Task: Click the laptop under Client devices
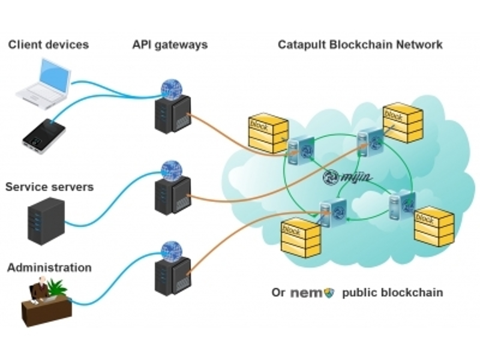pyautogui.click(x=44, y=84)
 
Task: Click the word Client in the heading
pyautogui.click(x=24, y=44)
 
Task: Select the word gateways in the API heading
pyautogui.click(x=181, y=46)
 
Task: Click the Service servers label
pyautogui.click(x=50, y=187)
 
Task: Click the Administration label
pyautogui.click(x=50, y=268)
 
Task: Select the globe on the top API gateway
pyautogui.click(x=171, y=90)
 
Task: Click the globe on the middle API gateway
pyautogui.click(x=171, y=171)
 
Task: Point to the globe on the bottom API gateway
pyautogui.click(x=171, y=251)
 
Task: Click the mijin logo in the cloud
pyautogui.click(x=347, y=177)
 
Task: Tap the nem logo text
pyautogui.click(x=306, y=293)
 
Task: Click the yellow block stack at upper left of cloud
pyautogui.click(x=268, y=133)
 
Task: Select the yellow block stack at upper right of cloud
pyautogui.click(x=403, y=123)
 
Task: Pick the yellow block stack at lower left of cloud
pyautogui.click(x=300, y=238)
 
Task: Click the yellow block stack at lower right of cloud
pyautogui.click(x=434, y=226)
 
